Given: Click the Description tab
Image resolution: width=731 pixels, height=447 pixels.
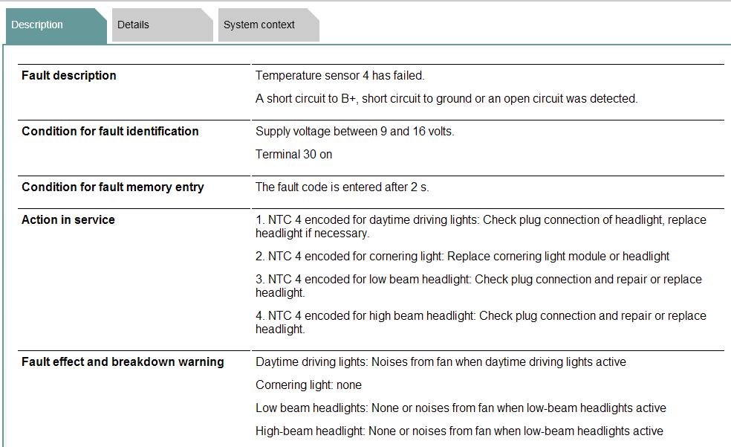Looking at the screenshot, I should point(37,25).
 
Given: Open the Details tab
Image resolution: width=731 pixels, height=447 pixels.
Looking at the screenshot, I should point(133,25).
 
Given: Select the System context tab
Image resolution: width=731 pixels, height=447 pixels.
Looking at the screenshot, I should point(259,25).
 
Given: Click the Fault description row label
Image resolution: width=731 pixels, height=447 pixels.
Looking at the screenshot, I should point(68,76).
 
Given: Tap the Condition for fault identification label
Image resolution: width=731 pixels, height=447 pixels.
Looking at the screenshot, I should point(110,132).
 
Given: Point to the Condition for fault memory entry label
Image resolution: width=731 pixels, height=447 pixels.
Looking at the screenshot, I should point(112,187).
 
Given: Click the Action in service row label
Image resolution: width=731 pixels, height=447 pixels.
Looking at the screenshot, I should point(68,220).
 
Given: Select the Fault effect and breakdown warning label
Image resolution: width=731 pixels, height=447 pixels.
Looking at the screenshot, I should point(123,362).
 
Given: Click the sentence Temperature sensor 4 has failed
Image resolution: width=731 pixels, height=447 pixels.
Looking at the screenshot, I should point(339,76).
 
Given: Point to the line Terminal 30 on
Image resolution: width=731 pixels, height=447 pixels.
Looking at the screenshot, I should point(293,155).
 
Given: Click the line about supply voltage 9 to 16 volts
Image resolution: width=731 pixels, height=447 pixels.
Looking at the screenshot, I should point(354,132).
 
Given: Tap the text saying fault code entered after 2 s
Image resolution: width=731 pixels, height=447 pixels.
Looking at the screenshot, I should point(342,187).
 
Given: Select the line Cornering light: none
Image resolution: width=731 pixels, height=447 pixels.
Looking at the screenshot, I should point(308,385).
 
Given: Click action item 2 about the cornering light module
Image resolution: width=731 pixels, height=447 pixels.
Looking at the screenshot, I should point(462,257).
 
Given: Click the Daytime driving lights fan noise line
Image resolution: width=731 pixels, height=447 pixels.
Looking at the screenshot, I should point(441,362).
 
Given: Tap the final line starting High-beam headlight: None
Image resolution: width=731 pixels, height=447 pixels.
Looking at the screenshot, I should point(459,431).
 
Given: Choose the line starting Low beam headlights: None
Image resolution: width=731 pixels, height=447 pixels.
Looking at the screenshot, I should point(461,408).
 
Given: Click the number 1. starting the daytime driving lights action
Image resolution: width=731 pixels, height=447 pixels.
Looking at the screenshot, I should point(260,220).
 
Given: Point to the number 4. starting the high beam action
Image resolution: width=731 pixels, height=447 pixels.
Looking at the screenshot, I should point(260,316).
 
